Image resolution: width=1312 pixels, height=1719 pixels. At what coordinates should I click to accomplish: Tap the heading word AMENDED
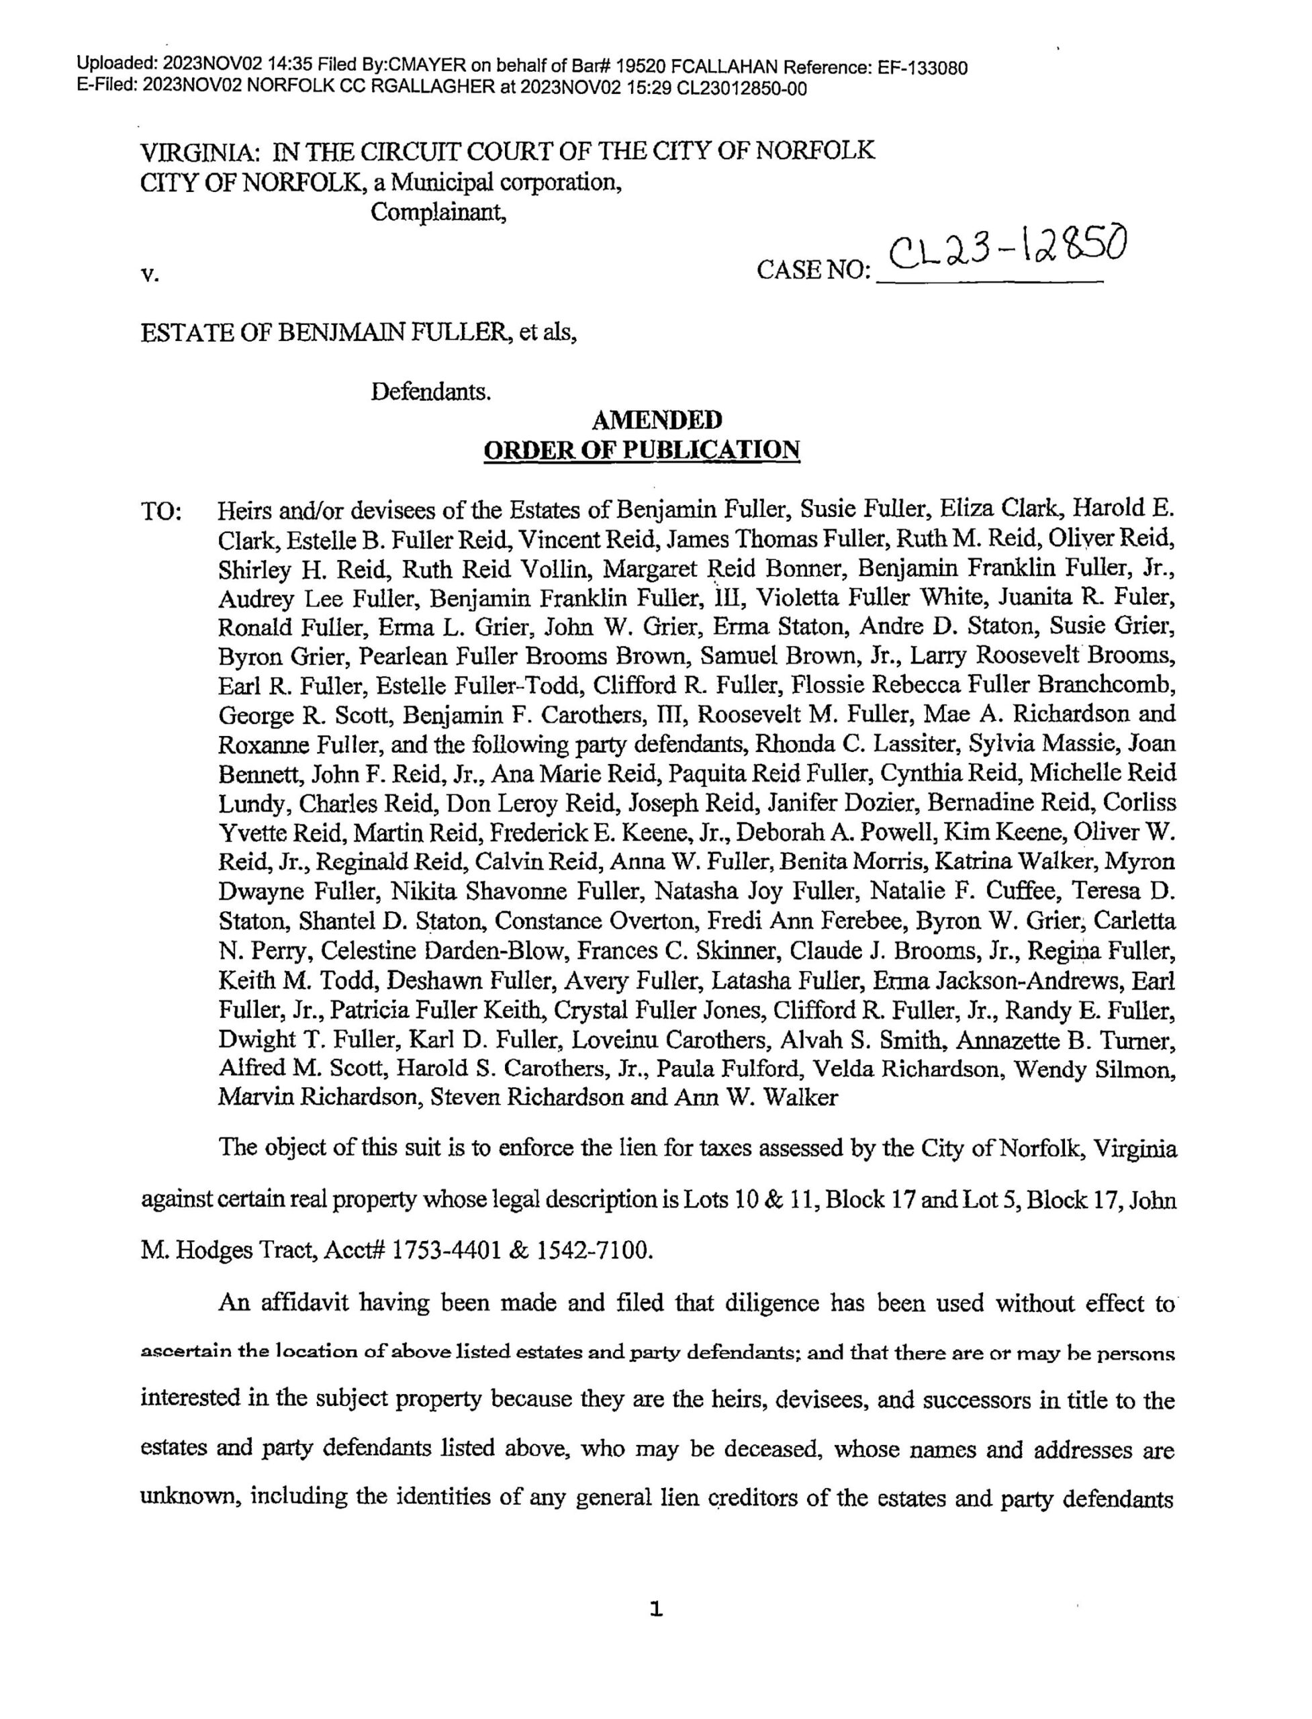coord(656,421)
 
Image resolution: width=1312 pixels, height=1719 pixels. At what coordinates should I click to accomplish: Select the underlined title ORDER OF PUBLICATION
coord(642,451)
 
